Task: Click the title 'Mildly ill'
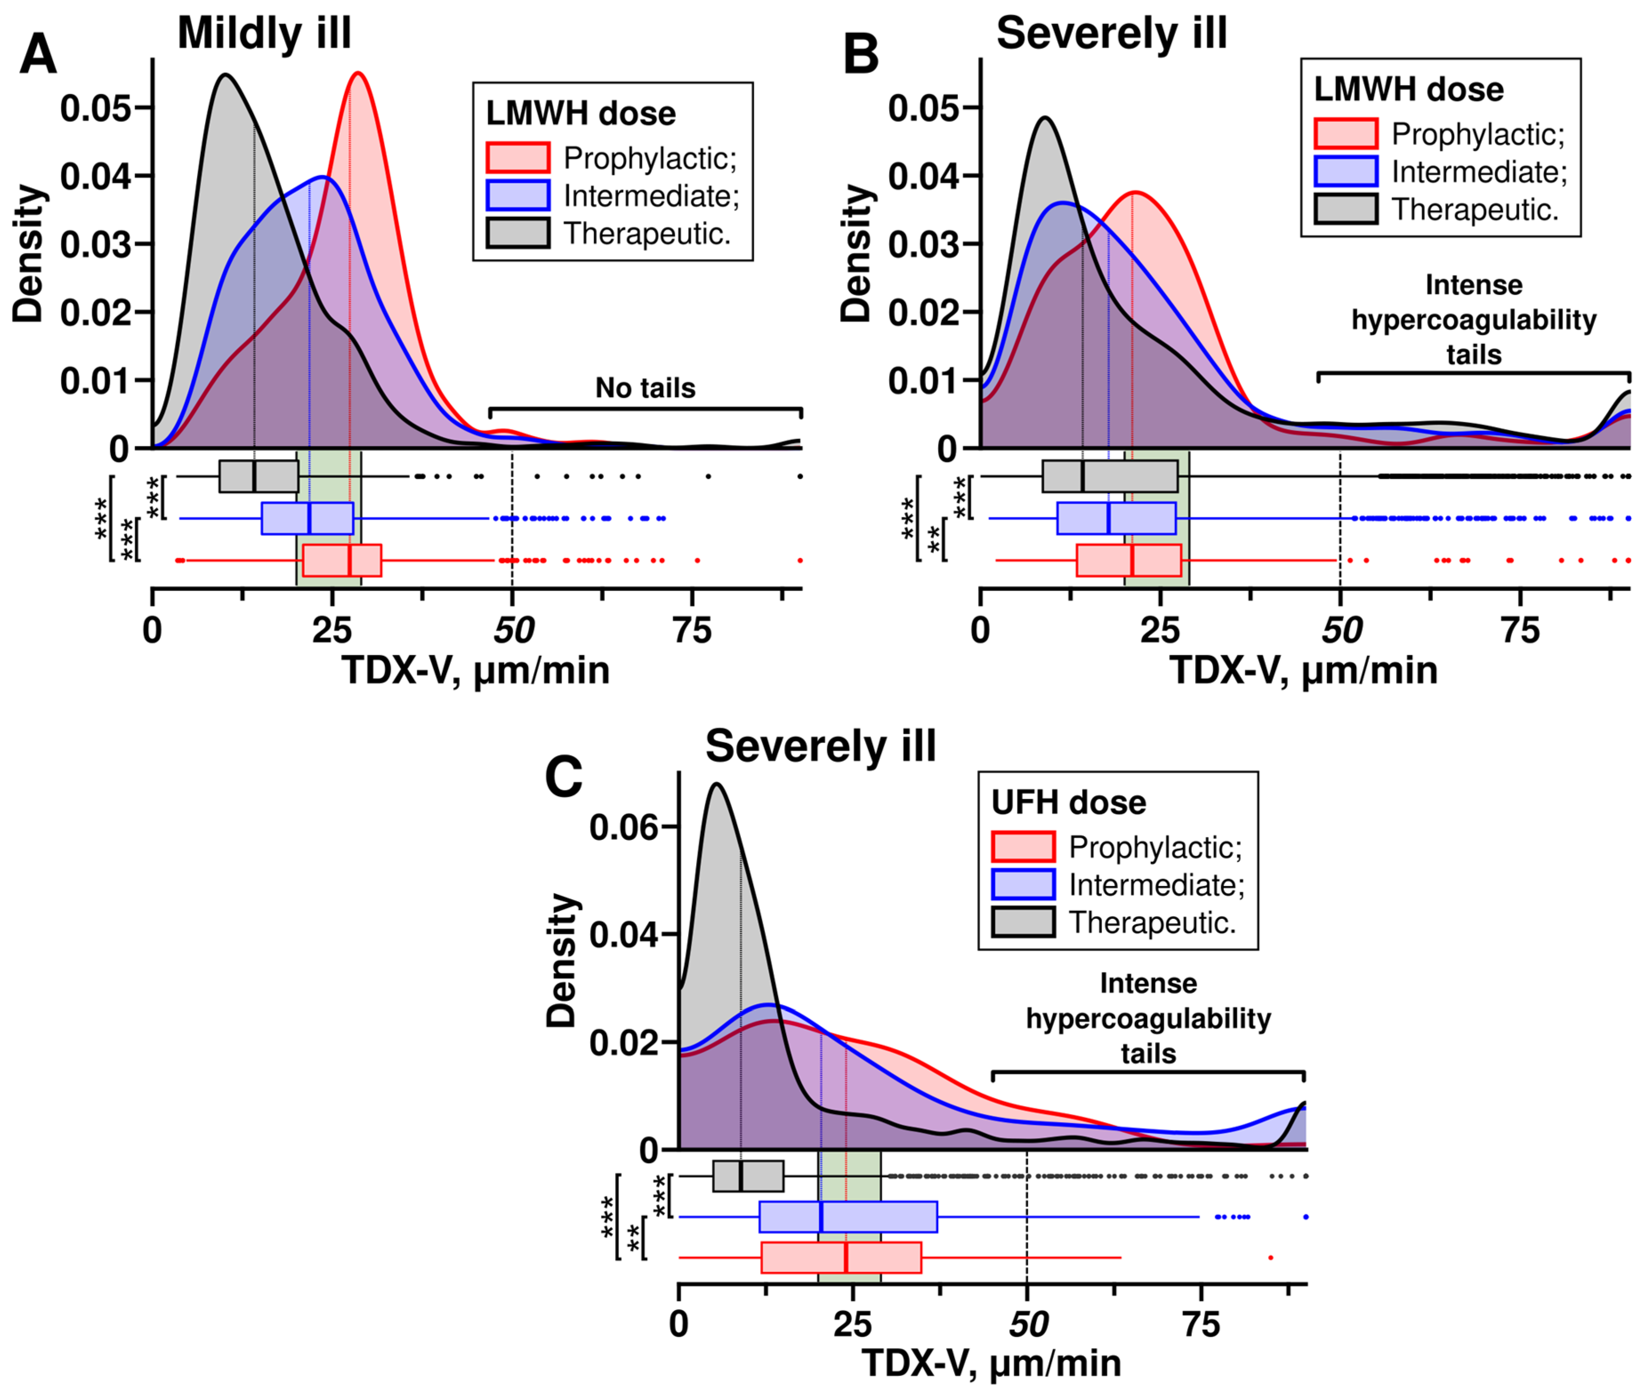[264, 33]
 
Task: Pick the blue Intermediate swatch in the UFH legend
[1022, 884]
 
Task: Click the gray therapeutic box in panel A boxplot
[258, 476]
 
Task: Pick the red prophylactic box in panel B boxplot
[1129, 560]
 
